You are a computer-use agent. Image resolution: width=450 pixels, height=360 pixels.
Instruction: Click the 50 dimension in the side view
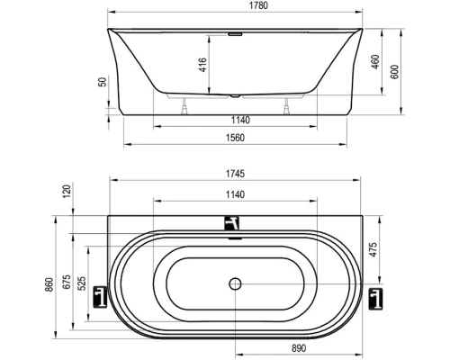pos(103,81)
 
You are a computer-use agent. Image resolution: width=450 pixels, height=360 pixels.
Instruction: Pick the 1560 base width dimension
pos(236,137)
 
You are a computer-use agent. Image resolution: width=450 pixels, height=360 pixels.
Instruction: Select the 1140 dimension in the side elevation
pos(236,120)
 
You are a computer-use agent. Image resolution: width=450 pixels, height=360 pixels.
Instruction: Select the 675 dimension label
pos(66,283)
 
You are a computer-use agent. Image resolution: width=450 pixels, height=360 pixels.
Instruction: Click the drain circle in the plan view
pos(236,283)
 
